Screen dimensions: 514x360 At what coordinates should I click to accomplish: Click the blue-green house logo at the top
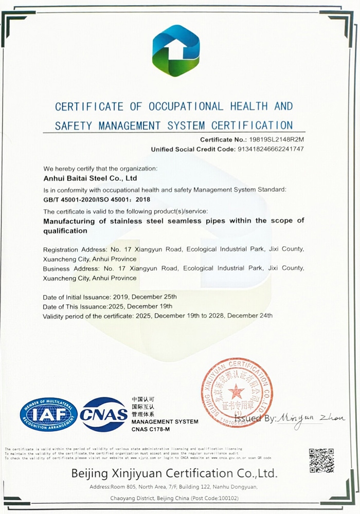(x=176, y=50)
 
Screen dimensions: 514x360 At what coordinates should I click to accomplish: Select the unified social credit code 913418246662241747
(x=271, y=149)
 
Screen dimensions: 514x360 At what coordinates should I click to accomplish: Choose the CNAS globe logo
(x=104, y=414)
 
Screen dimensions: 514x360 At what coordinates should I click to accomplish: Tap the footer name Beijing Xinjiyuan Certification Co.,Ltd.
(x=174, y=472)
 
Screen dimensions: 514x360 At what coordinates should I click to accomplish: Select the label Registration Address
(x=72, y=249)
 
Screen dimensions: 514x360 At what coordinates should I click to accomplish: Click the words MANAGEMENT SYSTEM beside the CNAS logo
(x=165, y=421)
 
